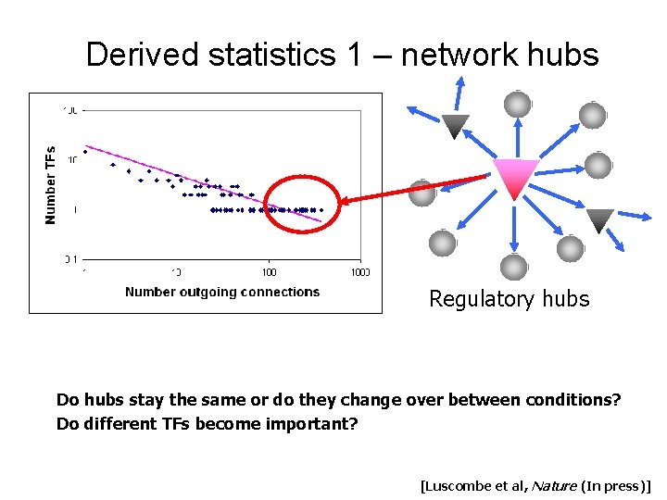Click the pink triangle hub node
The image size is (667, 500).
coord(515,177)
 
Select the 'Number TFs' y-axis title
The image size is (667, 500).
coord(51,185)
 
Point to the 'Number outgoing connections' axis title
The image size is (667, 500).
coord(222,293)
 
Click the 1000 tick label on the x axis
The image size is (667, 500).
coord(359,272)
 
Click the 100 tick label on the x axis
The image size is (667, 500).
coord(269,272)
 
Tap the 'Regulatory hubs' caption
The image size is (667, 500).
coord(509,299)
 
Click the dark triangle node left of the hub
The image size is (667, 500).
coord(454,124)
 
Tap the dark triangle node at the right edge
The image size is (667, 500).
coord(600,219)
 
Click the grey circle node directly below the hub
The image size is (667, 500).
coord(513,267)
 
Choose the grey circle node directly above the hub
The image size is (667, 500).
coord(516,103)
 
